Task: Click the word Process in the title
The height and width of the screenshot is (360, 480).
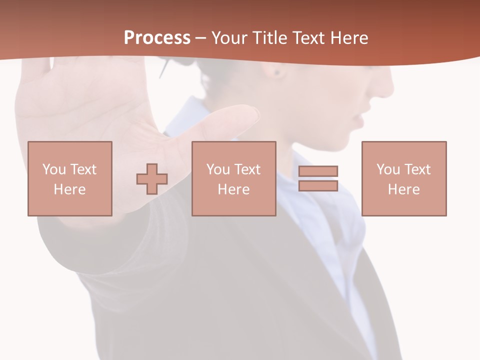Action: point(157,38)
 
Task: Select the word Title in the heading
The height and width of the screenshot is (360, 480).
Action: point(270,38)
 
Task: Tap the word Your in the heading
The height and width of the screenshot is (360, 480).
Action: point(229,38)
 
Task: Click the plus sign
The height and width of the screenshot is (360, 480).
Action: point(152,178)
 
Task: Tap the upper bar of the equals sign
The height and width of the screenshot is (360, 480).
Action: point(318,171)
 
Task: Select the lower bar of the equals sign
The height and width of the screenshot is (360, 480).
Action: point(318,185)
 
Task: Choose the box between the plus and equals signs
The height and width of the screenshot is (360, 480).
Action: point(233,178)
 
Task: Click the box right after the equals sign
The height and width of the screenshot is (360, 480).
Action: point(403,178)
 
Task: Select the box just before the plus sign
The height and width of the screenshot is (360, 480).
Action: point(69,178)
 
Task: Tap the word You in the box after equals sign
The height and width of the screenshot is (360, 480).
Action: point(388,169)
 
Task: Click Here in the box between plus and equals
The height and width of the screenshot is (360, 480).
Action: point(233,189)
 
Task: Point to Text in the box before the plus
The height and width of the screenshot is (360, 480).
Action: point(83,169)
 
